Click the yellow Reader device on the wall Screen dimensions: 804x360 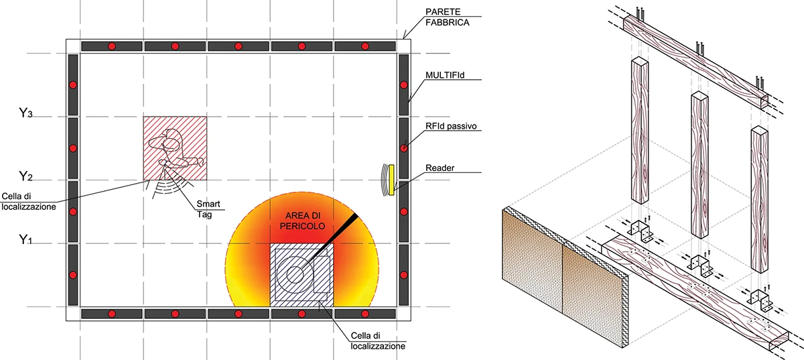[391, 180]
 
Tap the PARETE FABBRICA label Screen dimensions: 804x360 [448, 17]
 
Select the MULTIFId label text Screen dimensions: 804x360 [445, 74]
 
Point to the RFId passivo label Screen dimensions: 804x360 [451, 126]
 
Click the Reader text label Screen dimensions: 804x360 [440, 168]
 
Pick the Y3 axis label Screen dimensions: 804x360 [25, 113]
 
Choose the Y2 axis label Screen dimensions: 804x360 [25, 176]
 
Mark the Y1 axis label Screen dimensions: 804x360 [25, 239]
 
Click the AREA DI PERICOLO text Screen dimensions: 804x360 [303, 221]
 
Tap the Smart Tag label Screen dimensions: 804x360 [208, 209]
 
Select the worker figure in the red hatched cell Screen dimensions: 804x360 [173, 151]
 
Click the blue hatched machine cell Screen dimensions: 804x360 [301, 276]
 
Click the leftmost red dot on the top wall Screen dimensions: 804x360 [112, 46]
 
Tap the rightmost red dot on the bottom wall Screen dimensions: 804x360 [365, 314]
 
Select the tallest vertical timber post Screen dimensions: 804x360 [640, 130]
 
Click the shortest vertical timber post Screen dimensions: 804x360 [760, 199]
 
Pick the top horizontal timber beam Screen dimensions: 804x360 [695, 62]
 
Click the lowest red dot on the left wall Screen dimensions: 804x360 [73, 276]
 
